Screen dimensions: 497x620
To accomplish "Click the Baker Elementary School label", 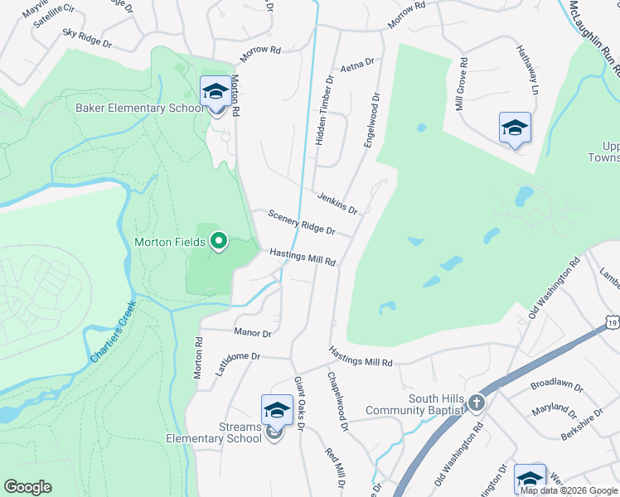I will [x=139, y=108].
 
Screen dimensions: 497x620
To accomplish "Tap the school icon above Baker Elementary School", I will [x=216, y=91].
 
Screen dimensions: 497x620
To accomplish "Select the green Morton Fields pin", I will [x=219, y=241].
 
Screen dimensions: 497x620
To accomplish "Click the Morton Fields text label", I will [x=171, y=243].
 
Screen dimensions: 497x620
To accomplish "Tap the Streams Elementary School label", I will [x=214, y=433].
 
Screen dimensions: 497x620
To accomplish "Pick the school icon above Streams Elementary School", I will [x=277, y=410].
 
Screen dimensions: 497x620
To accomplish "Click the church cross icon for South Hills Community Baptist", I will [x=476, y=403].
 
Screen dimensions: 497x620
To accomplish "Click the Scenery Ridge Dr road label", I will [x=302, y=221].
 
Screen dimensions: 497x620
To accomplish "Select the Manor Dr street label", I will [x=253, y=333].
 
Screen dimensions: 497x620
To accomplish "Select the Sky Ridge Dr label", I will [x=87, y=37].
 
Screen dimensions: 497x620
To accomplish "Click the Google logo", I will [x=27, y=487].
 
